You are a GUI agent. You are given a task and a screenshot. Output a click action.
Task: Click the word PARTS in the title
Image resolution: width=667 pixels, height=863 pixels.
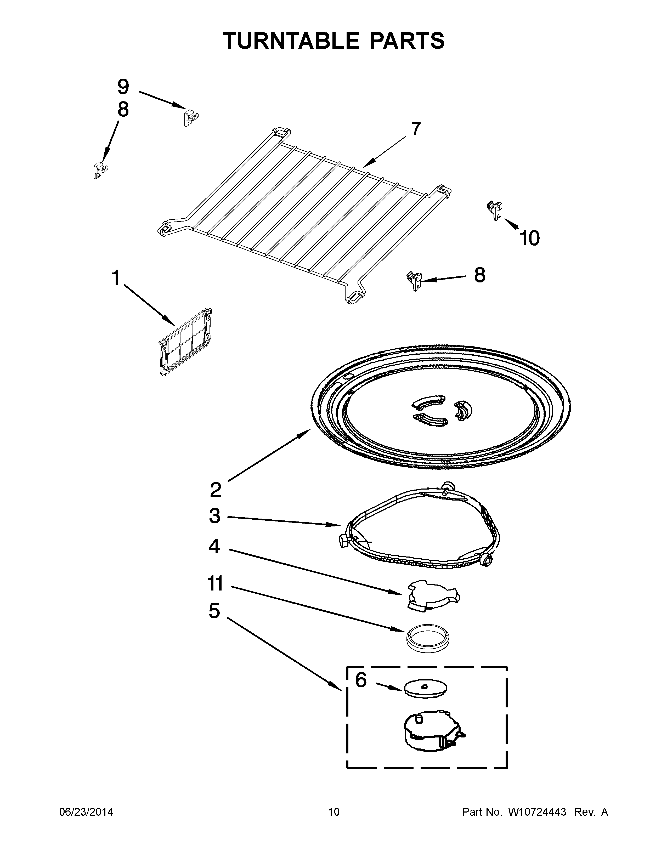(407, 41)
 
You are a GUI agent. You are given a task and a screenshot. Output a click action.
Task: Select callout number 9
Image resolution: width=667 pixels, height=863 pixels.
(123, 87)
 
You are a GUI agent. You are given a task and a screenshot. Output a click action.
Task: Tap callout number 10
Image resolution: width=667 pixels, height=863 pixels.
(529, 238)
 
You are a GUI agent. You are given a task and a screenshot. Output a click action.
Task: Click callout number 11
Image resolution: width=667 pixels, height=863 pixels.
(215, 584)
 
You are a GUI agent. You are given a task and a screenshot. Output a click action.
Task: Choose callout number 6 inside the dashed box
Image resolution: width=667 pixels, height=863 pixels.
(361, 680)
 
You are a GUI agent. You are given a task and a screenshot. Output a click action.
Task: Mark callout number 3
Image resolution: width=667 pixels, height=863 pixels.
(214, 516)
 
